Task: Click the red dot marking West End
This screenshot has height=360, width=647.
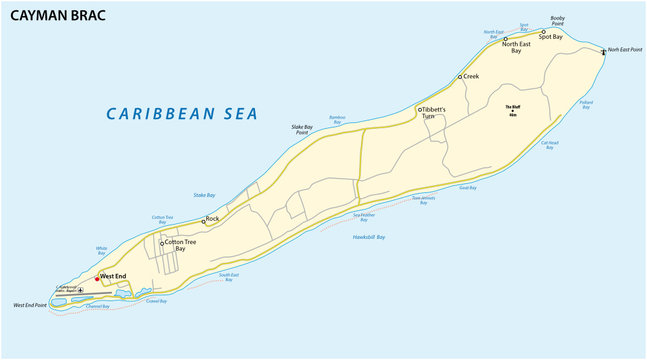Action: tap(96, 278)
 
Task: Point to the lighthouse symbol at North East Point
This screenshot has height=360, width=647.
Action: tap(603, 51)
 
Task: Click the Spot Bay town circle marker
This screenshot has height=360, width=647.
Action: tap(543, 33)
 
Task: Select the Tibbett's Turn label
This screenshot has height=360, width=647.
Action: tap(431, 112)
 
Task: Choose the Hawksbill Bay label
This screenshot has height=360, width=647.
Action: tap(369, 237)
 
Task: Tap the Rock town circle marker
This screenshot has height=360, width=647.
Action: tap(203, 221)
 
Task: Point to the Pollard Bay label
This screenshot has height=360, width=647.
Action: tap(586, 103)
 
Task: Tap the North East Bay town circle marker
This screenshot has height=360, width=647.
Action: tap(505, 39)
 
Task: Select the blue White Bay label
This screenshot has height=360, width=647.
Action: tap(101, 250)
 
